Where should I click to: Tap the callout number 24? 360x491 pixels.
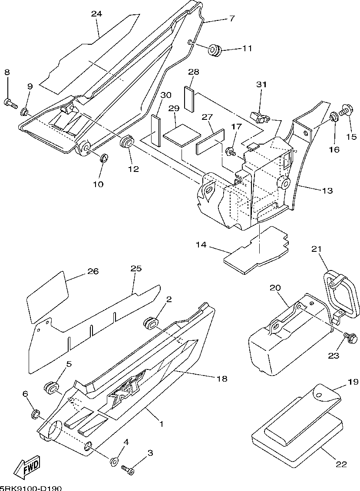97,13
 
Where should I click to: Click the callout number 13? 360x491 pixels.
327,191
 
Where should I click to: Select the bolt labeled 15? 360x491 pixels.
347,111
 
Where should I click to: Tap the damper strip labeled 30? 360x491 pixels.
156,131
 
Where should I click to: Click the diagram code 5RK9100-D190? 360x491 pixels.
31,488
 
